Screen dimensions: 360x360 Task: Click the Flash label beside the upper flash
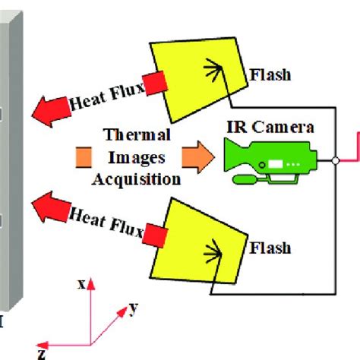point(270,75)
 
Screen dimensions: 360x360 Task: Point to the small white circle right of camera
point(336,161)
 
